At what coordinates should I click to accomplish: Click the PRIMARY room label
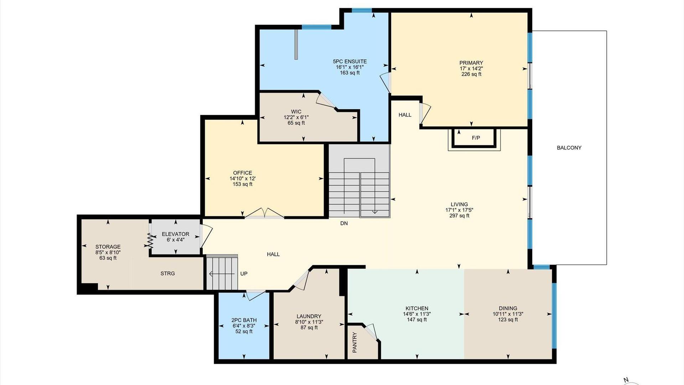pyautogui.click(x=471, y=63)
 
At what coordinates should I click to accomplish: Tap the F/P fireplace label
pyautogui.click(x=476, y=138)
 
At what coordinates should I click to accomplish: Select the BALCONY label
pyautogui.click(x=569, y=148)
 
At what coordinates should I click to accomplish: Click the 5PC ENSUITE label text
pyautogui.click(x=349, y=61)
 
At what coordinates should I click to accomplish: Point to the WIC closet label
pyautogui.click(x=296, y=112)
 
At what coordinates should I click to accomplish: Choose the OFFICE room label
pyautogui.click(x=243, y=173)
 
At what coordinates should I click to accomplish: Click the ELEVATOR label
pyautogui.click(x=175, y=234)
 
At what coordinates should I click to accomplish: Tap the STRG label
pyautogui.click(x=167, y=273)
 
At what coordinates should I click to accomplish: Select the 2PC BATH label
pyautogui.click(x=244, y=320)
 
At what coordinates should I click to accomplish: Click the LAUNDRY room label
pyautogui.click(x=309, y=316)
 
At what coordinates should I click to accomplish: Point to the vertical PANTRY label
pyautogui.click(x=354, y=343)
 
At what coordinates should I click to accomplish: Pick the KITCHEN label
pyautogui.click(x=417, y=308)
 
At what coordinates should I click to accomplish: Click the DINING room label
pyautogui.click(x=508, y=308)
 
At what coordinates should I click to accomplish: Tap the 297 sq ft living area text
pyautogui.click(x=459, y=216)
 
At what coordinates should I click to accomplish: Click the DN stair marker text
pyautogui.click(x=344, y=224)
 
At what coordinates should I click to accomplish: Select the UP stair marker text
pyautogui.click(x=244, y=274)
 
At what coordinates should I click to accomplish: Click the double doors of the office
pyautogui.click(x=264, y=213)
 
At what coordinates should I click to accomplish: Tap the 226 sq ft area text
pyautogui.click(x=471, y=74)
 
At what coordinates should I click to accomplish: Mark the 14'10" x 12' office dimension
pyautogui.click(x=243, y=179)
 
